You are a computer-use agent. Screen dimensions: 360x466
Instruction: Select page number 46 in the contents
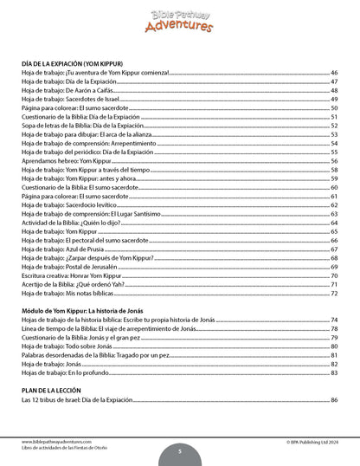(x=334, y=74)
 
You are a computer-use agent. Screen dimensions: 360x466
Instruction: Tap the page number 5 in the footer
(x=179, y=450)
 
